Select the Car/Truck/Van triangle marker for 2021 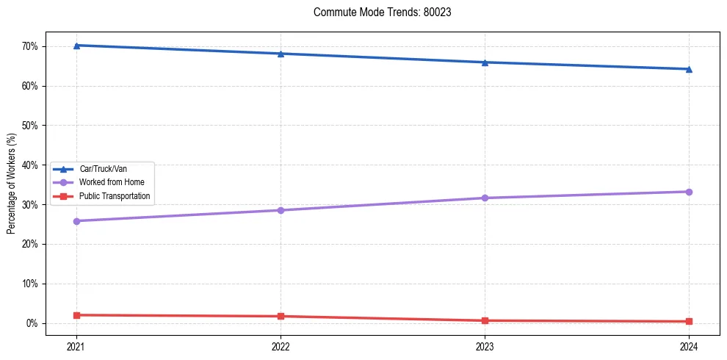point(76,46)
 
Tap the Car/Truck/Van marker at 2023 point(485,62)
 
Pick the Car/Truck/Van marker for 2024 point(689,69)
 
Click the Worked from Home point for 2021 point(76,221)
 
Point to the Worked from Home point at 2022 point(281,210)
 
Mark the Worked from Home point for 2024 point(689,192)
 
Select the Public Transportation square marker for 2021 point(76,315)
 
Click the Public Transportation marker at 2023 point(485,320)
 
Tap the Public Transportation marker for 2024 point(689,321)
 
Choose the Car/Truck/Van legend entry point(103,169)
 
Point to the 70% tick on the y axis point(30,46)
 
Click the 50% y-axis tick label point(30,126)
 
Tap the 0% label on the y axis point(32,323)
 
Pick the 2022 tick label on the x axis point(281,346)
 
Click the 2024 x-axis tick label point(689,346)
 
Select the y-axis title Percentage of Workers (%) point(11,184)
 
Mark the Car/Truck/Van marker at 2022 point(281,54)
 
